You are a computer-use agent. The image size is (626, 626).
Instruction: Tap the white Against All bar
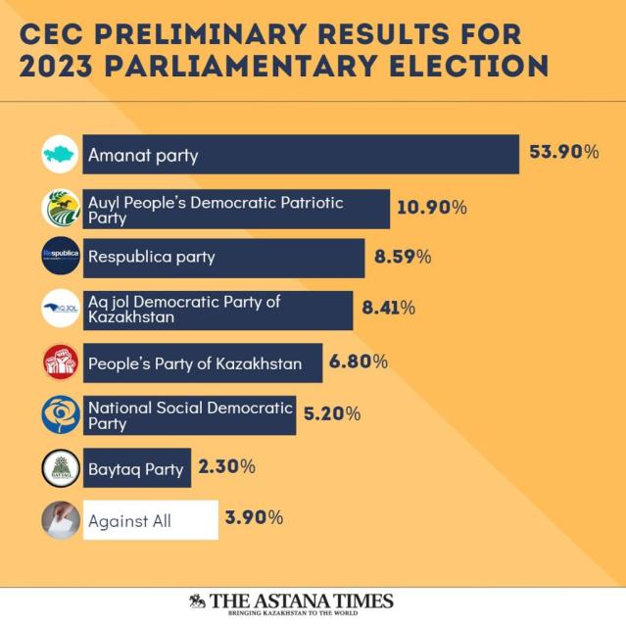click(150, 520)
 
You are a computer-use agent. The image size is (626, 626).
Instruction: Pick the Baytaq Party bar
click(136, 468)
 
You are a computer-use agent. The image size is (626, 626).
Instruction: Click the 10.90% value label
click(432, 207)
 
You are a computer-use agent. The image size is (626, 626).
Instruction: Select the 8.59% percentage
click(403, 258)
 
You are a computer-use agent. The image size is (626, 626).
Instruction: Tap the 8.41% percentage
click(389, 308)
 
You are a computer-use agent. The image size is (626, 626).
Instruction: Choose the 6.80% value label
click(359, 361)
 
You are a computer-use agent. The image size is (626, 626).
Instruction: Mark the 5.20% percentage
click(332, 413)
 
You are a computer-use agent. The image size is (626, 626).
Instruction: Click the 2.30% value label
click(226, 466)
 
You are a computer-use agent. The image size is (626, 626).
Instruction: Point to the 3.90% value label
click(254, 516)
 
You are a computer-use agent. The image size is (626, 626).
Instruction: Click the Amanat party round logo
click(61, 155)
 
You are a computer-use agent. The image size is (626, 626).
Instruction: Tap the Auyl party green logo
click(61, 208)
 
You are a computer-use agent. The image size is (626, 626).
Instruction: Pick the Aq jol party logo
click(61, 311)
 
